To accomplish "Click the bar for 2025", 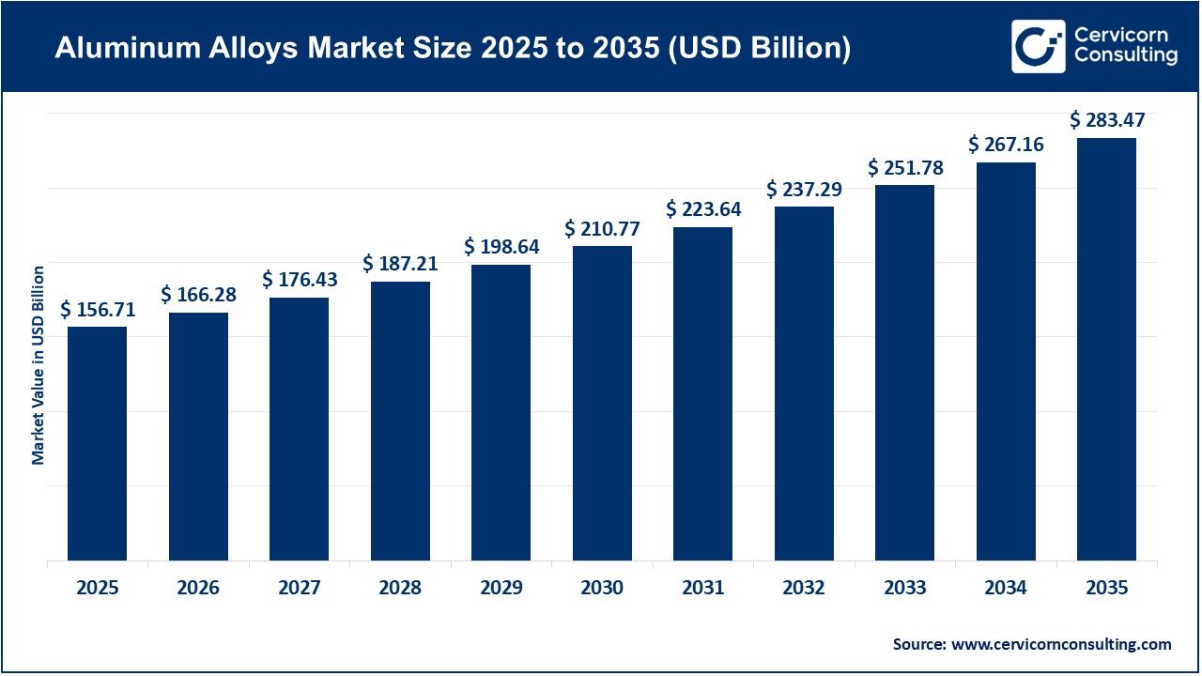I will tap(97, 443).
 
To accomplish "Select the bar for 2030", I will tap(602, 403).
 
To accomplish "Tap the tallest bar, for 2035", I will tap(1106, 349).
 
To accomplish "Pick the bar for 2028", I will tap(400, 421).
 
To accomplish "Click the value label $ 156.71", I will tap(98, 310).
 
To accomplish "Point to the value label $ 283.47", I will tap(1108, 120).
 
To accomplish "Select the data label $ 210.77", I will tap(602, 228).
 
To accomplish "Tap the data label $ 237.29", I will tap(804, 189).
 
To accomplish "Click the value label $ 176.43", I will tap(300, 280).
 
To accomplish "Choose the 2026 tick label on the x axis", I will tap(198, 588).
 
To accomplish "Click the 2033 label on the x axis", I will tap(904, 588).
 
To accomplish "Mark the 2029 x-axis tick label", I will tap(501, 588).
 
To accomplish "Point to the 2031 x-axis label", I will tap(702, 588).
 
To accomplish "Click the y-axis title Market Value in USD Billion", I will tap(39, 365).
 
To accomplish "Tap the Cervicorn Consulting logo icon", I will tap(1038, 46).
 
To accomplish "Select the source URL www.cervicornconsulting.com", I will tap(1061, 644).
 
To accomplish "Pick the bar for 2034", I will tap(1006, 361).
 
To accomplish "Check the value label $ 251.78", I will tap(905, 168).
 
